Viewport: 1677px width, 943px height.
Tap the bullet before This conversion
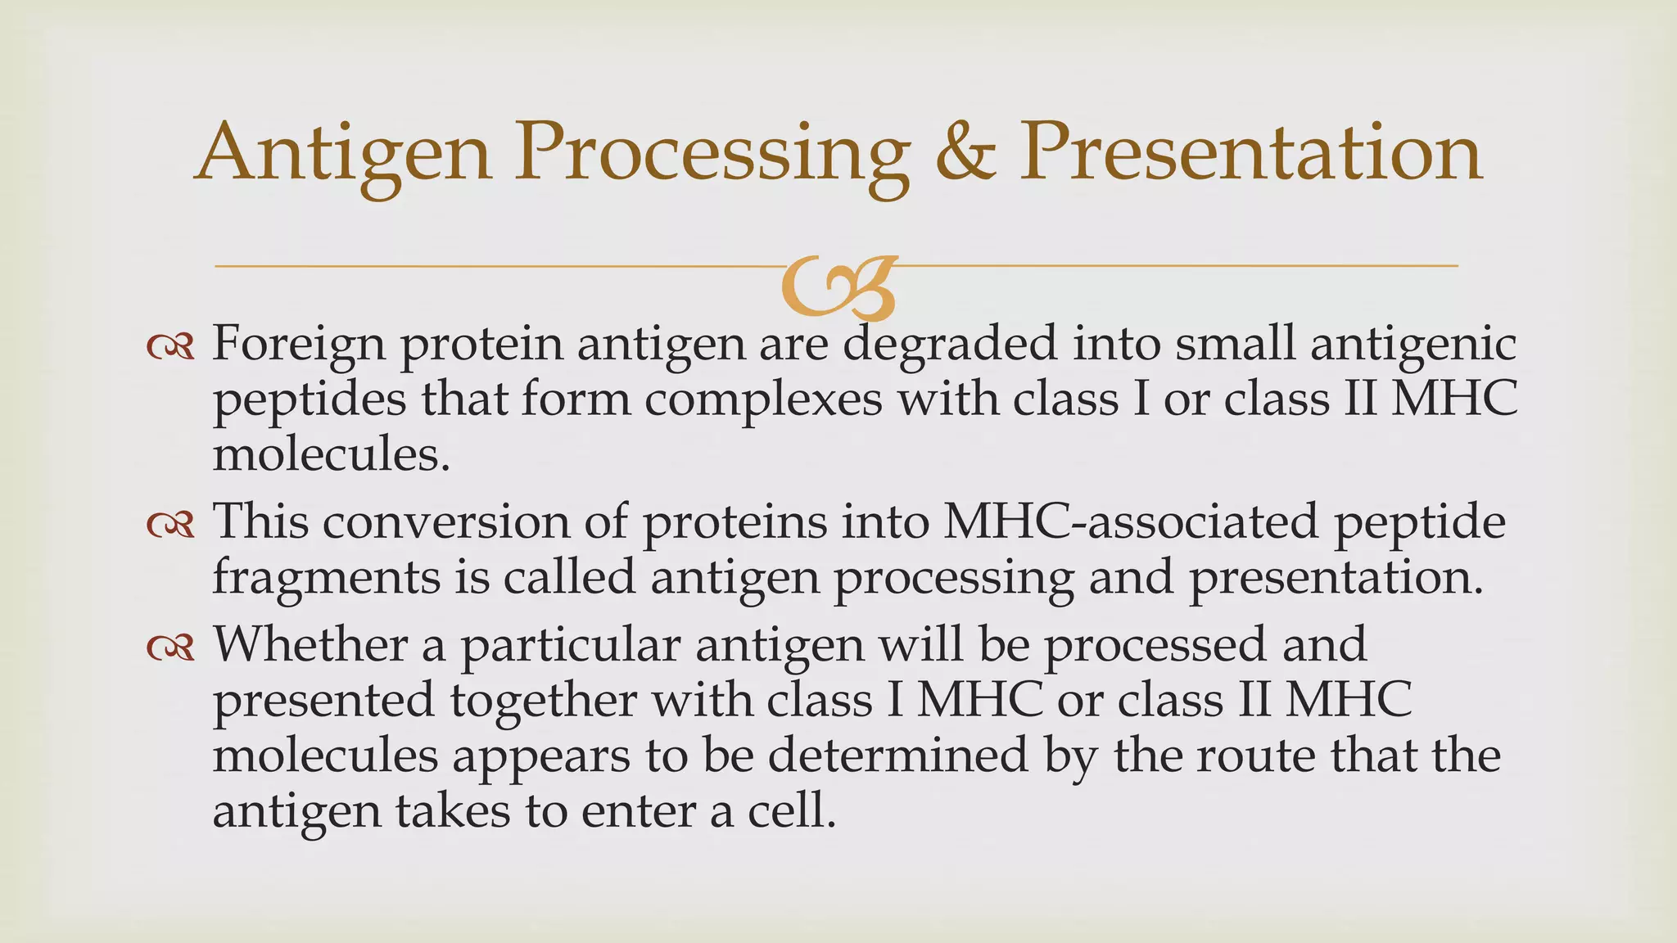pos(170,525)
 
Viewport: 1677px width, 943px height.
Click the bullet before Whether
pos(170,648)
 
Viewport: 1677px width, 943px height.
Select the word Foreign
pos(298,344)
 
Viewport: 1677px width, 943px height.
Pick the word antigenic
pos(1413,344)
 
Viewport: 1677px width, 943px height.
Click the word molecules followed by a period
pos(331,455)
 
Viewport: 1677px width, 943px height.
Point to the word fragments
pos(326,578)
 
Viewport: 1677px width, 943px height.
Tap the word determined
pos(897,755)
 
